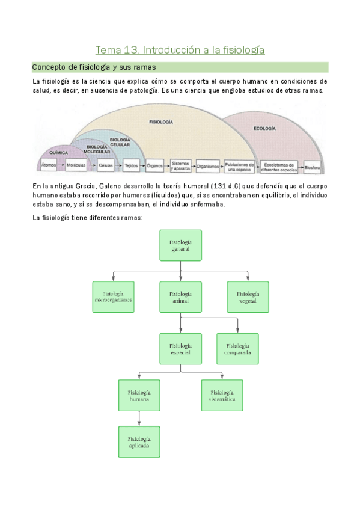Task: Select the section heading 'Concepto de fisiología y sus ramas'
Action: (94, 67)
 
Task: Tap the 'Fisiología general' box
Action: (180, 245)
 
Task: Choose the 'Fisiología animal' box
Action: (180, 296)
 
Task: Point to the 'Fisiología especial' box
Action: (180, 349)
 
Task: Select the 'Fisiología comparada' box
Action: (237, 349)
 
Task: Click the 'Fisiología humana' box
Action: (139, 395)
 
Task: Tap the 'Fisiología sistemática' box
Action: (222, 395)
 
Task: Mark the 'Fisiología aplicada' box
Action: (139, 441)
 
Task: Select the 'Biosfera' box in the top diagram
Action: (313, 166)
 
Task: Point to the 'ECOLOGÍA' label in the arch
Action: (264, 129)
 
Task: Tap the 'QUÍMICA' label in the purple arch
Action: (59, 152)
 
